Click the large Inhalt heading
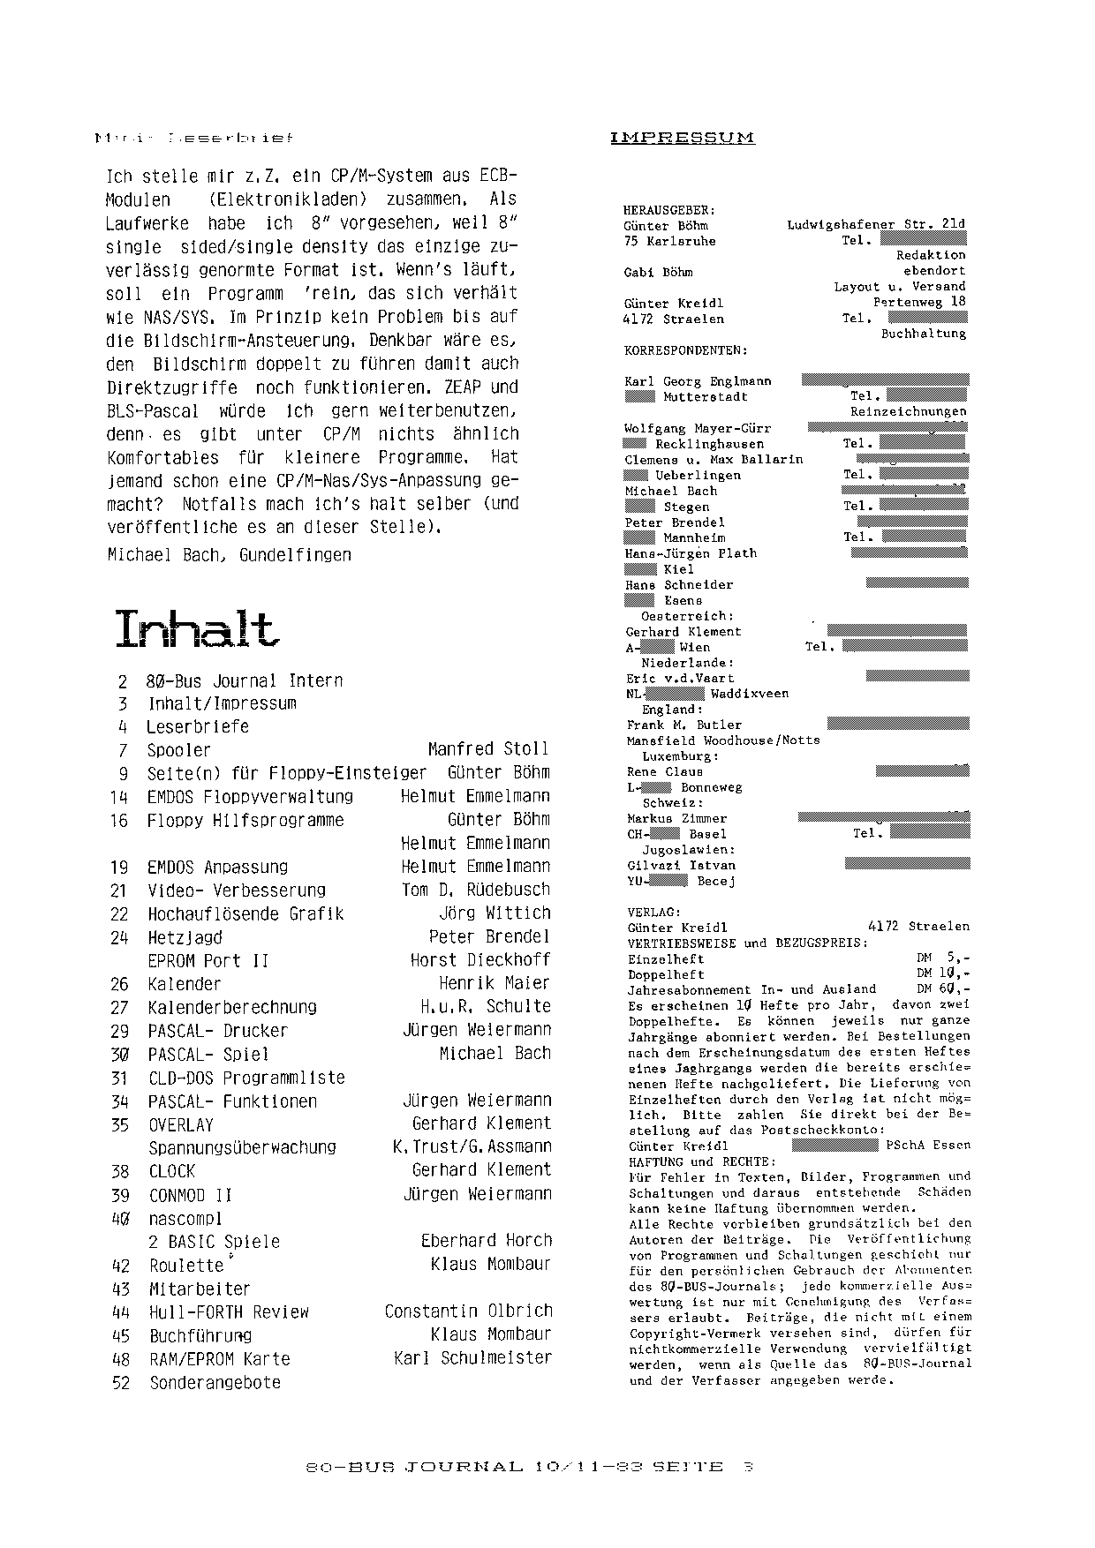[x=196, y=628]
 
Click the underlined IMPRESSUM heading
[x=682, y=138]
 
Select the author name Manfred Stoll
[x=487, y=749]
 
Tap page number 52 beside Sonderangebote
[x=121, y=1383]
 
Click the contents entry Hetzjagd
[x=185, y=937]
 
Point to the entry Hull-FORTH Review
[x=229, y=1312]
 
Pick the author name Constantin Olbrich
[x=468, y=1311]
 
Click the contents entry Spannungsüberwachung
[x=242, y=1147]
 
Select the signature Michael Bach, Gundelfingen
[x=229, y=555]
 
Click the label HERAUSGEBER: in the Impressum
[x=669, y=210]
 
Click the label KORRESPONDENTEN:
[x=685, y=350]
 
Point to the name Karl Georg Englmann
[x=698, y=381]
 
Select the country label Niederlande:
[x=688, y=663]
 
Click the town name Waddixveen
[x=750, y=694]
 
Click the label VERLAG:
[x=653, y=911]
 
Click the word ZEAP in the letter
[x=459, y=387]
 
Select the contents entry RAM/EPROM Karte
[x=219, y=1359]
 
